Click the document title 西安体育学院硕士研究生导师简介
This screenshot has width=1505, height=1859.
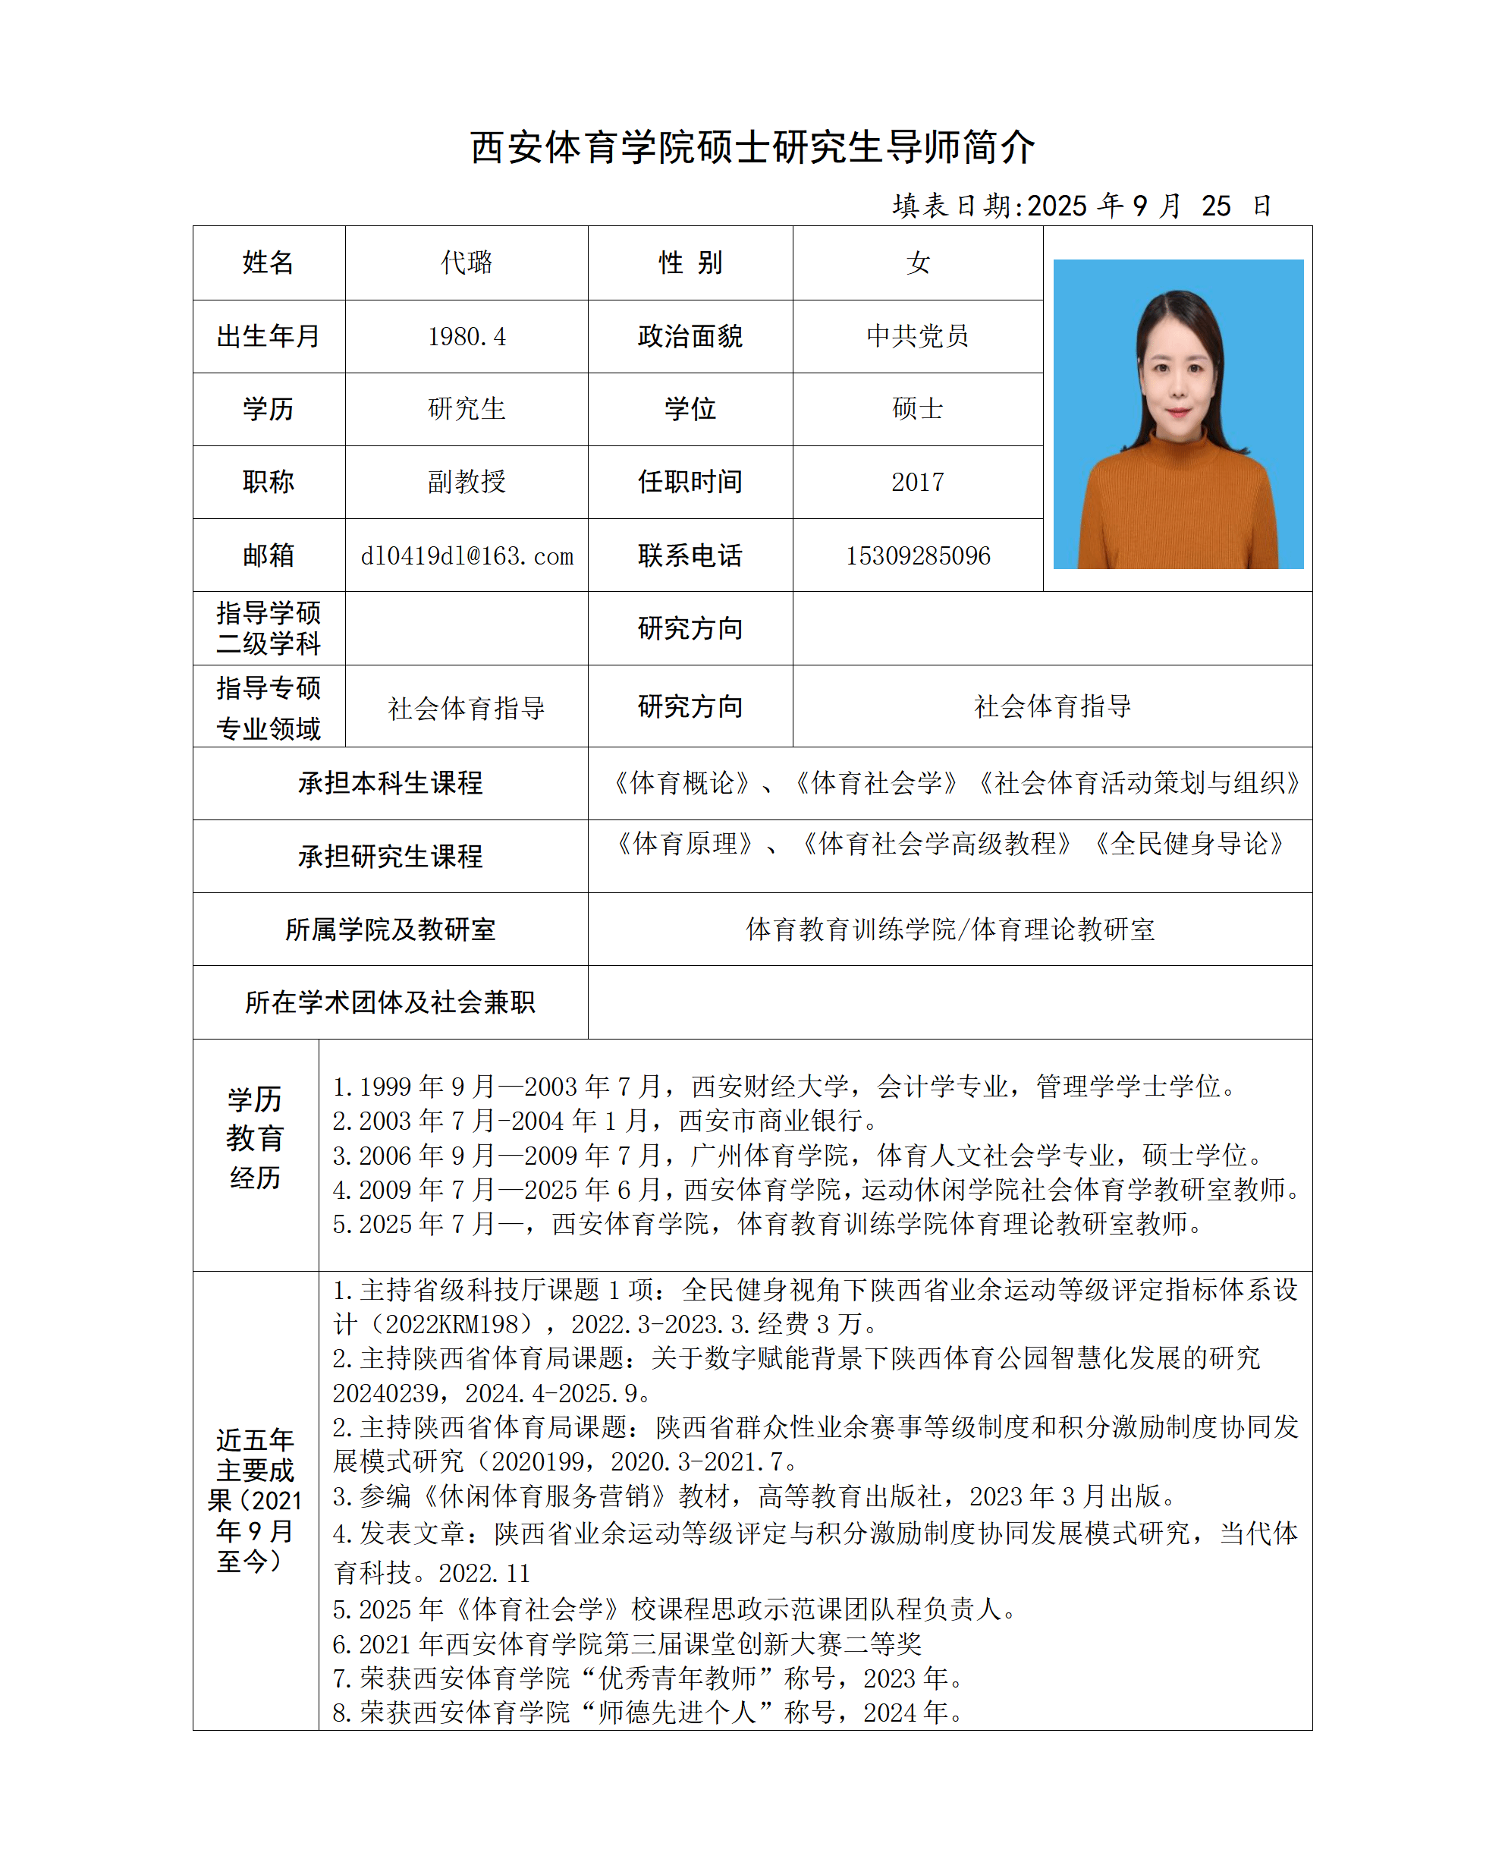click(752, 147)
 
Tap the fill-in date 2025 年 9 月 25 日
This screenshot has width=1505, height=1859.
click(1081, 206)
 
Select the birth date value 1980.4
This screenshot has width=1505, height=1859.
click(467, 336)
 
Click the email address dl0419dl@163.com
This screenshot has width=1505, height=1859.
click(467, 555)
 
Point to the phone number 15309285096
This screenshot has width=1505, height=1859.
click(917, 555)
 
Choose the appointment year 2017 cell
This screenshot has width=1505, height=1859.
click(917, 482)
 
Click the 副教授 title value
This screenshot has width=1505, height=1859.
click(467, 482)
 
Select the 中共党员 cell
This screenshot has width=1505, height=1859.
click(917, 336)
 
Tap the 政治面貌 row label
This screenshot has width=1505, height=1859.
click(690, 336)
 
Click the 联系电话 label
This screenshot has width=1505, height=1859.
click(690, 555)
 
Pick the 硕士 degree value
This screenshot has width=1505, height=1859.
click(917, 409)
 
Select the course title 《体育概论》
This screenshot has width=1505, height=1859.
click(681, 783)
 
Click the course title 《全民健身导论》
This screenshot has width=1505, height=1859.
click(1189, 844)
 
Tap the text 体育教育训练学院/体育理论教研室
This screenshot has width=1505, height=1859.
click(950, 929)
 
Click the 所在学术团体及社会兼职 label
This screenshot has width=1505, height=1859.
click(390, 1002)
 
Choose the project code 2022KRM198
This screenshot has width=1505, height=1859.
click(457, 1324)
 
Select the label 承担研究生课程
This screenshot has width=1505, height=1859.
click(390, 857)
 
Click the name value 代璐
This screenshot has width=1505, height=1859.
click(467, 263)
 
